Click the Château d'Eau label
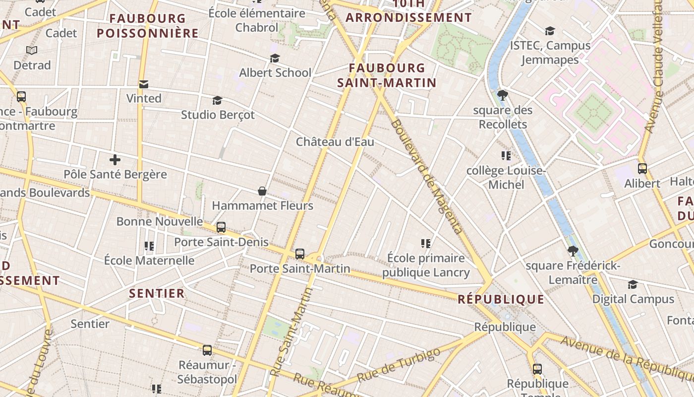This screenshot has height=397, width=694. point(335,142)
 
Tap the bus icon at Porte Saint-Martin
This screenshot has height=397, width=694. point(299,254)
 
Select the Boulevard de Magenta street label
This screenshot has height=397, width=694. point(426,176)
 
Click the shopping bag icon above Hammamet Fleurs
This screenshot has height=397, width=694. point(262,191)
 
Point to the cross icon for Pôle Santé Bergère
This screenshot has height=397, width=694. point(115,160)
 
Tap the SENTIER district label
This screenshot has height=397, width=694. point(157,293)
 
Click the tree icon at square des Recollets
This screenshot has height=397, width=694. point(503,95)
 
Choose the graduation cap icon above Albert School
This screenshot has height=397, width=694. point(275,59)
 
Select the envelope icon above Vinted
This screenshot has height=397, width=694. point(144,84)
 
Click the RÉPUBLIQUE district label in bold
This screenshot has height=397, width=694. point(501,299)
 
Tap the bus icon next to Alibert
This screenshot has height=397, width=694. point(642,169)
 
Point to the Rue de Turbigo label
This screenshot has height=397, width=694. point(399,365)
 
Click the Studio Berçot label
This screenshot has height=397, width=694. point(218,115)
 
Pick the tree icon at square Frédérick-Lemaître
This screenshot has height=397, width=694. point(573,251)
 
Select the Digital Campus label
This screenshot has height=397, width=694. point(633,299)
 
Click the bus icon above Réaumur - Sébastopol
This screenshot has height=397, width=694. point(207,350)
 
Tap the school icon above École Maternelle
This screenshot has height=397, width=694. point(149,246)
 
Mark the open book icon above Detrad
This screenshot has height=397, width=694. point(32,50)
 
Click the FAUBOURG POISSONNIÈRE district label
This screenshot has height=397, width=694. point(148,26)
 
